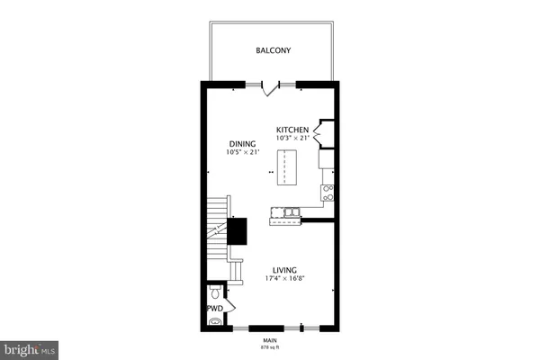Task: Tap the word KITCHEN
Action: point(292,130)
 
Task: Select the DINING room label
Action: point(242,143)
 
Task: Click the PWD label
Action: point(214,309)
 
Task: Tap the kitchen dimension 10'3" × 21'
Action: point(292,138)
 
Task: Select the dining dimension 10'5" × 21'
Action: point(242,151)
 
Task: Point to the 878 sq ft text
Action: point(269,347)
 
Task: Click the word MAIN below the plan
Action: point(269,340)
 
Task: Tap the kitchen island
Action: point(285,166)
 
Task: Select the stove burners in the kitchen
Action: point(328,192)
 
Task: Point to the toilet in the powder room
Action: point(214,293)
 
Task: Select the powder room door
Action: point(230,309)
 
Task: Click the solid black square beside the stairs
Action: point(237,230)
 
